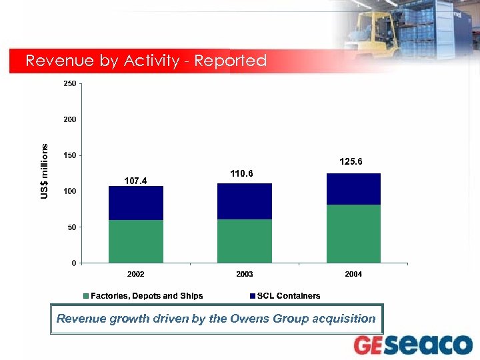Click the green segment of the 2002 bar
(136, 241)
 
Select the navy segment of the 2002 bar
(136, 203)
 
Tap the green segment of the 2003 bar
(245, 241)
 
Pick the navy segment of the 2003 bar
(245, 201)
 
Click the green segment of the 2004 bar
(353, 233)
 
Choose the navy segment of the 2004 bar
(353, 189)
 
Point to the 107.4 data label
(136, 180)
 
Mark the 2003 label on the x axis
(245, 274)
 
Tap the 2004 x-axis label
(353, 274)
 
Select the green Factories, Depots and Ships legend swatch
(85, 296)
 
